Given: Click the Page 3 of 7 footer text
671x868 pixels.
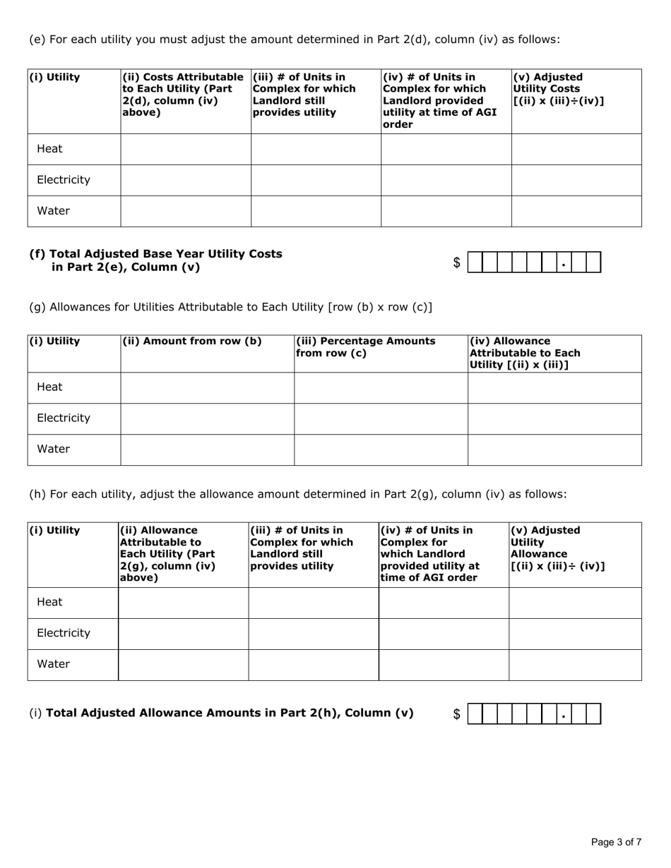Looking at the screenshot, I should [x=616, y=842].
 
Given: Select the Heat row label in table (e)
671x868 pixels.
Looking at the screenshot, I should [x=49, y=149].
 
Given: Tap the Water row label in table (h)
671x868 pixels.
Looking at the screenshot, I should [x=53, y=664].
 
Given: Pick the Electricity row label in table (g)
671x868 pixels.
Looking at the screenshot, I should [x=64, y=418].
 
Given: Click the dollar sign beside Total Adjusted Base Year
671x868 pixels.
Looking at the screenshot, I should [x=457, y=263].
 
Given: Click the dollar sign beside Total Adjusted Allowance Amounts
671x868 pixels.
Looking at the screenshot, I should [x=457, y=714].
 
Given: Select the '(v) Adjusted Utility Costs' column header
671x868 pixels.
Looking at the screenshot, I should [x=558, y=89].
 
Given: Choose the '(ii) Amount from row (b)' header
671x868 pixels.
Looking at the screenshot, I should [x=191, y=342].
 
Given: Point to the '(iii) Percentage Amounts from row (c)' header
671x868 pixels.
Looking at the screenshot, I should [x=365, y=347].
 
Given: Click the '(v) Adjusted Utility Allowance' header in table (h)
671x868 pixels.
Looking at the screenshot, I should [x=557, y=548].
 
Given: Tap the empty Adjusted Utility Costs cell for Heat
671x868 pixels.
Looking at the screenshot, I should [x=576, y=149].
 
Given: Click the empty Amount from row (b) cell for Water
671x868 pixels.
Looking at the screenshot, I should [x=207, y=450].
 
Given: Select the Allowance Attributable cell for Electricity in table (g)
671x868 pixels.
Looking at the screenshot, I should [x=554, y=418].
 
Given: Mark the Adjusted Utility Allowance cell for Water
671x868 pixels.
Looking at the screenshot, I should [x=575, y=665].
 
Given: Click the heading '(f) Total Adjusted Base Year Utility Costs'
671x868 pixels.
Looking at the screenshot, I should [x=155, y=260].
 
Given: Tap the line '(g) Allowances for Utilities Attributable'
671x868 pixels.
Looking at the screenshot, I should [x=230, y=307].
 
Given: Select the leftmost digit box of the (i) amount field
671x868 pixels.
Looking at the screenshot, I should [x=475, y=714].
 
